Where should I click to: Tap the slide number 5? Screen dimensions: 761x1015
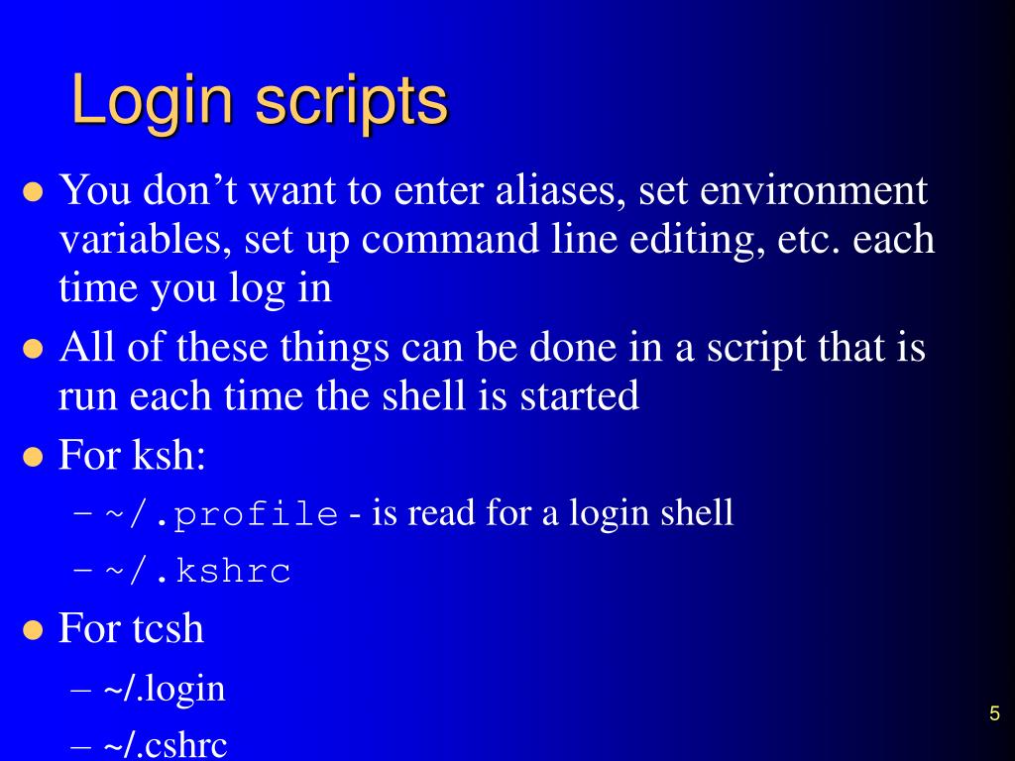pos(993,714)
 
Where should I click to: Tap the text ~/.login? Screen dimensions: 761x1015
pos(164,688)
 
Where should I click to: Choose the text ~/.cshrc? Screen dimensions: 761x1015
pos(165,743)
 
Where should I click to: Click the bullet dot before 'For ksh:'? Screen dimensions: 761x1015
pos(34,459)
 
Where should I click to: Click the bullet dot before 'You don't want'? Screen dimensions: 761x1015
pos(34,192)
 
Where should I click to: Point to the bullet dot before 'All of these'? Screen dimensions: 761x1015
pos(34,351)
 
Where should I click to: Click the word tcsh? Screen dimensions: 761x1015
pos(168,628)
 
